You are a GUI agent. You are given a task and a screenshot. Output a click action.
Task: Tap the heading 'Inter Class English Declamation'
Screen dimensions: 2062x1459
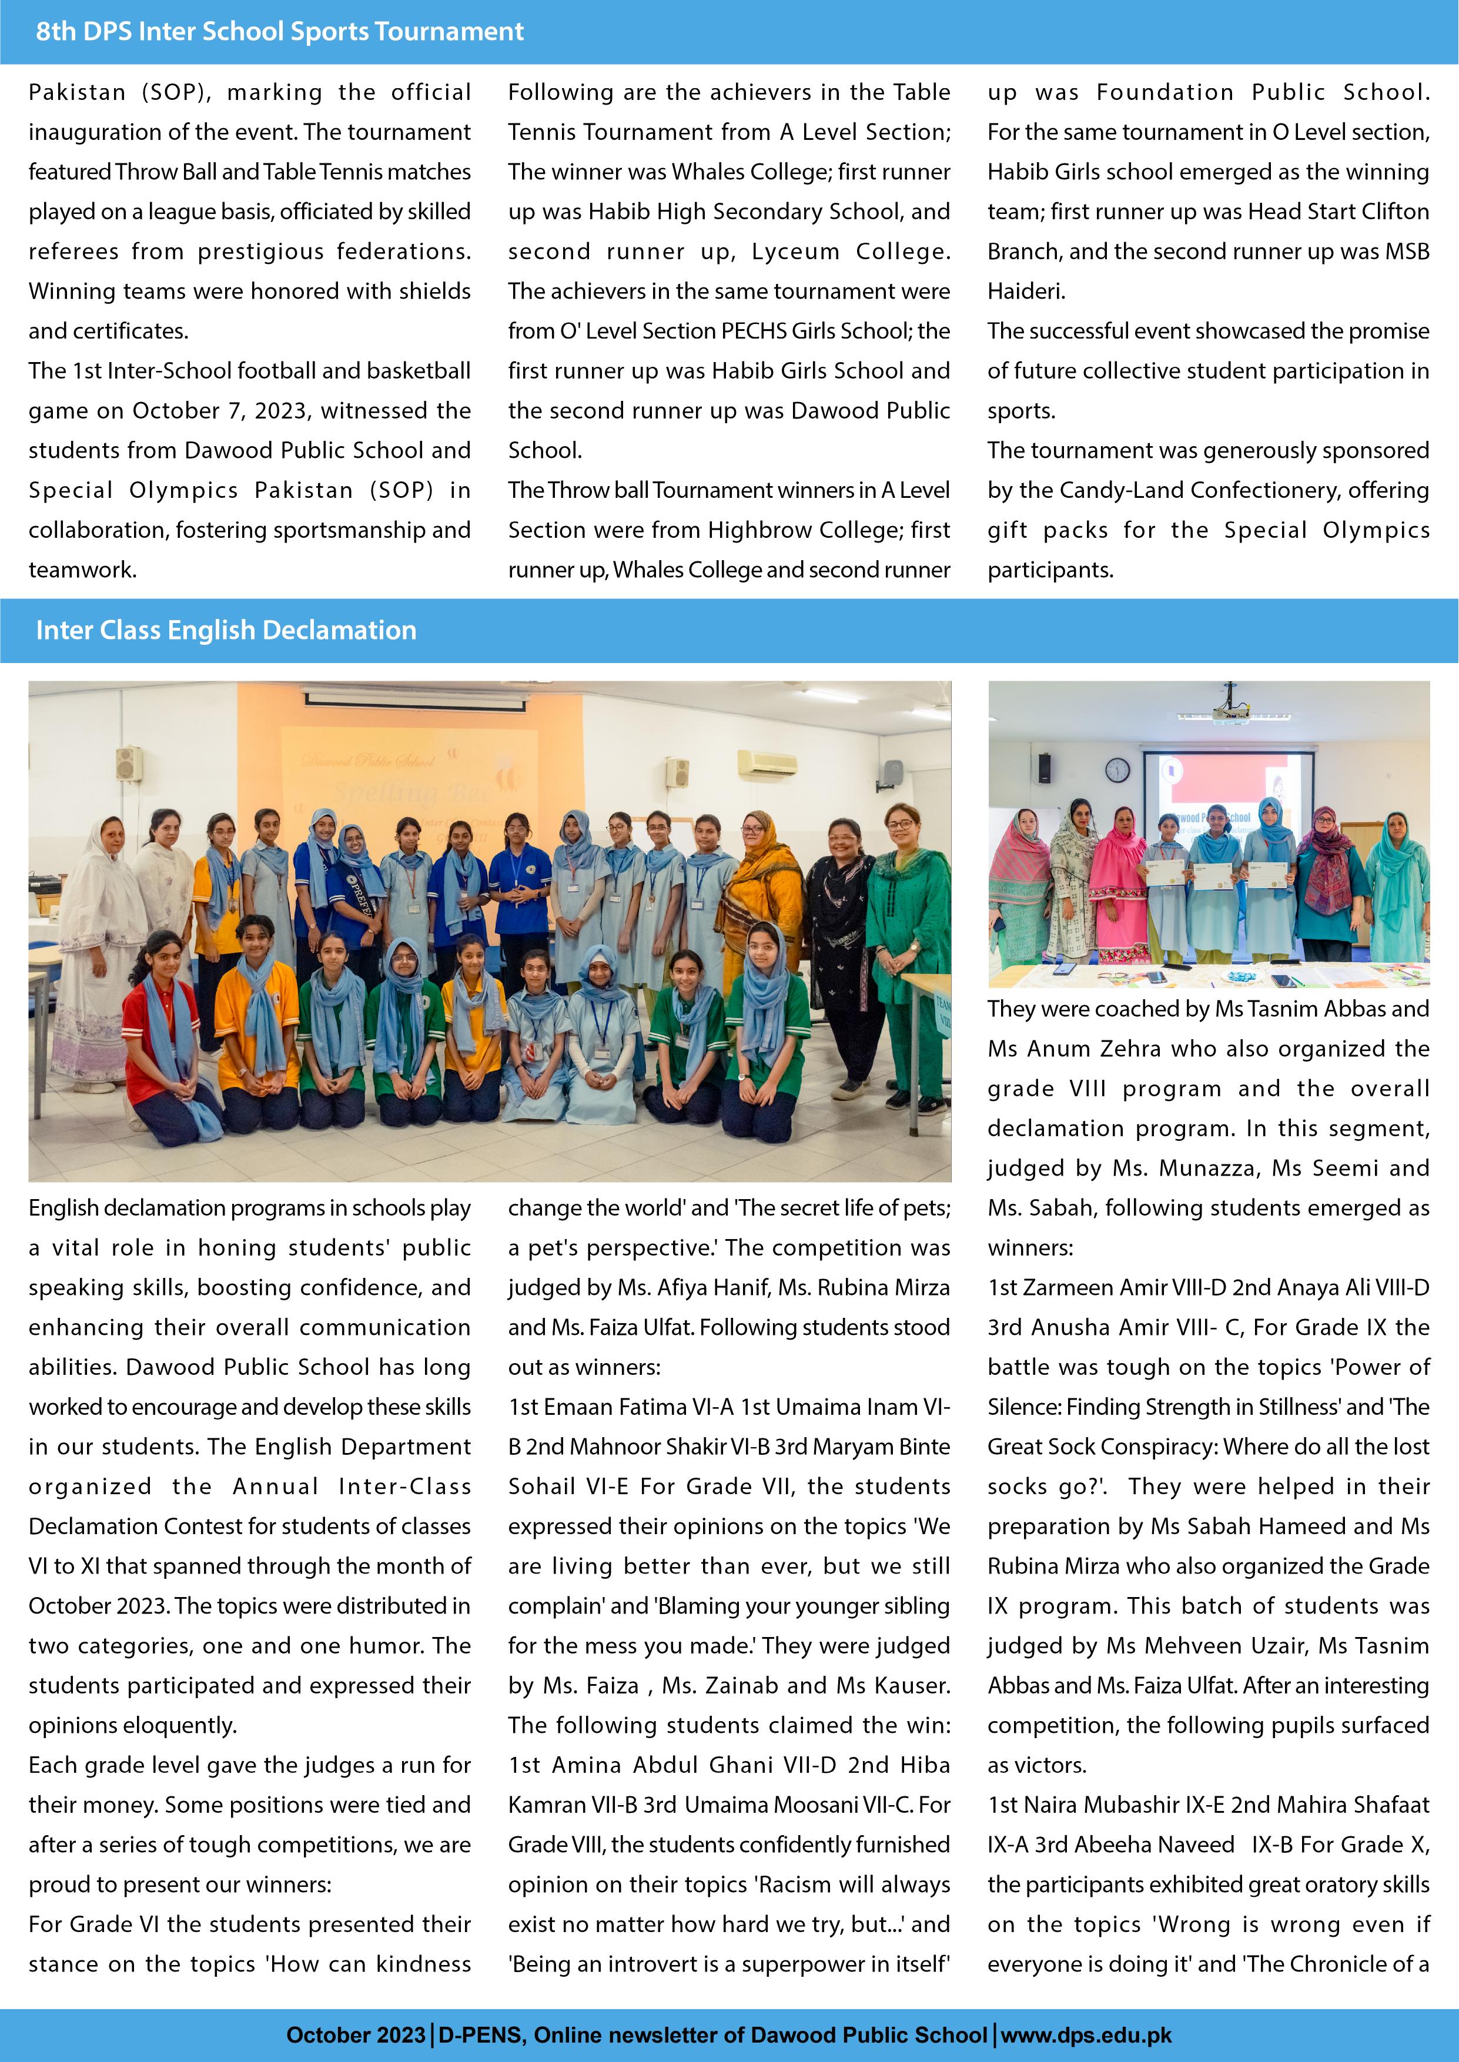(x=226, y=631)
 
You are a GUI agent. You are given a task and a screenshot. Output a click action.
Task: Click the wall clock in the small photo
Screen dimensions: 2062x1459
(x=1117, y=769)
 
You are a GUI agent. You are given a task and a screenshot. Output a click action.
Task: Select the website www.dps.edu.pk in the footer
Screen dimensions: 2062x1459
(x=1086, y=2034)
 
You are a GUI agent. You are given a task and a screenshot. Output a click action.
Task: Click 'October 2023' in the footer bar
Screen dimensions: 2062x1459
(x=356, y=2034)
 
